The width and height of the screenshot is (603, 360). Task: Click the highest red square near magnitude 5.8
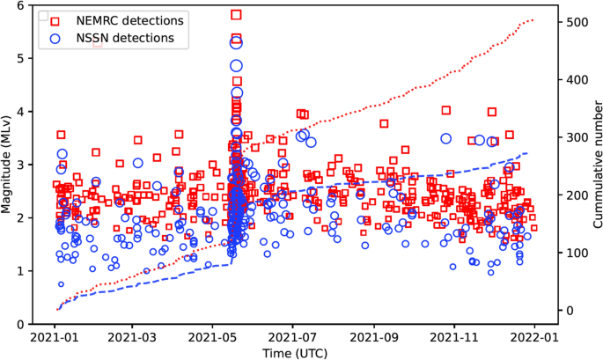[236, 15]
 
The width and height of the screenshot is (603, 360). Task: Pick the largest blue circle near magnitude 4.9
[236, 66]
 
